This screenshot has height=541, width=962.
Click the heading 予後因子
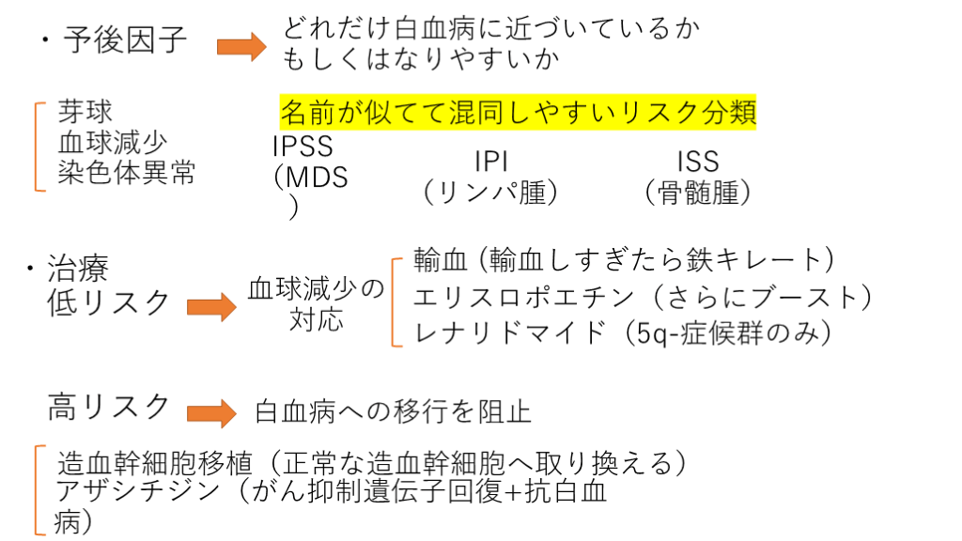point(126,40)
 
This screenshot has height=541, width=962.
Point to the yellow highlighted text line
point(518,113)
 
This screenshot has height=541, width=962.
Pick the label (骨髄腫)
point(698,192)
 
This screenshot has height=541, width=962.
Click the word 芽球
point(85,112)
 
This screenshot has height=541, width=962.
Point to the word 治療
point(78,270)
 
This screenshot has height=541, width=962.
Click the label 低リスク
point(110,302)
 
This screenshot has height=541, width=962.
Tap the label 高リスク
point(110,407)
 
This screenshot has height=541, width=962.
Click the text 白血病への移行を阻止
point(393,412)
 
